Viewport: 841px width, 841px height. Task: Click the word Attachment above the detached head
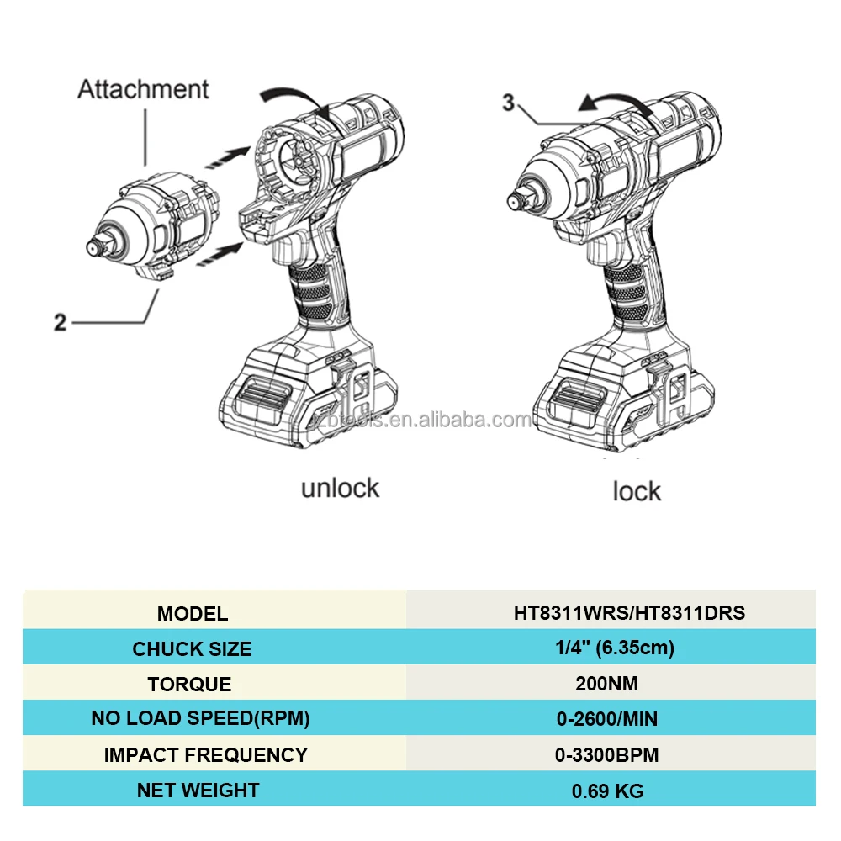[x=143, y=89]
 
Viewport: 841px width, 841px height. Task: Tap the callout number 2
[x=61, y=322]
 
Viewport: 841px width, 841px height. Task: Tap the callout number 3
[x=508, y=103]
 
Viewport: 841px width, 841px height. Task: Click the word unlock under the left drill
[x=340, y=488]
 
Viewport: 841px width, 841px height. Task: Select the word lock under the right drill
[x=637, y=491]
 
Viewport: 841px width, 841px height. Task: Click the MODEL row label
[x=192, y=613]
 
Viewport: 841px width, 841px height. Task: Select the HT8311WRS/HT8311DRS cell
[x=629, y=612]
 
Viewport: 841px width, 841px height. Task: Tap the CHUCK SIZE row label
[x=192, y=648]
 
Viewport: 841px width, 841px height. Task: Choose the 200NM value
[x=606, y=684]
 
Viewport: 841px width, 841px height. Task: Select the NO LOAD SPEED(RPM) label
[x=200, y=719]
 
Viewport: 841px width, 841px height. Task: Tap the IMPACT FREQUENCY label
[x=205, y=754]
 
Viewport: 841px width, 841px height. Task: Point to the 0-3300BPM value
[x=606, y=754]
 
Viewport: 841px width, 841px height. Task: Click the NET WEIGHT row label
[x=198, y=790]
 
